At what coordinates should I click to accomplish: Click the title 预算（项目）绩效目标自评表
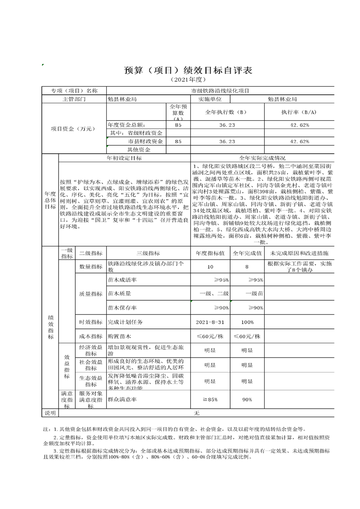[x=187, y=71]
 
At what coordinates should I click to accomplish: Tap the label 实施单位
[x=210, y=98]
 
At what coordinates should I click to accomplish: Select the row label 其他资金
[x=138, y=149]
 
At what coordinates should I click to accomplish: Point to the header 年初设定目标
[x=124, y=158]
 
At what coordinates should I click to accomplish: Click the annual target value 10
[x=210, y=267]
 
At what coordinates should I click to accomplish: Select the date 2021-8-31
[x=210, y=322]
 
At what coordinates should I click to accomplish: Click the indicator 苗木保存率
[x=122, y=308]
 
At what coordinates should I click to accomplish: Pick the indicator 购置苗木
[x=119, y=336]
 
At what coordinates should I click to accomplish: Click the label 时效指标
[x=91, y=322]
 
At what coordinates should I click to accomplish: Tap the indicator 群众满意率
[x=122, y=400]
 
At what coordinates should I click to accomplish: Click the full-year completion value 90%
[x=247, y=400]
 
